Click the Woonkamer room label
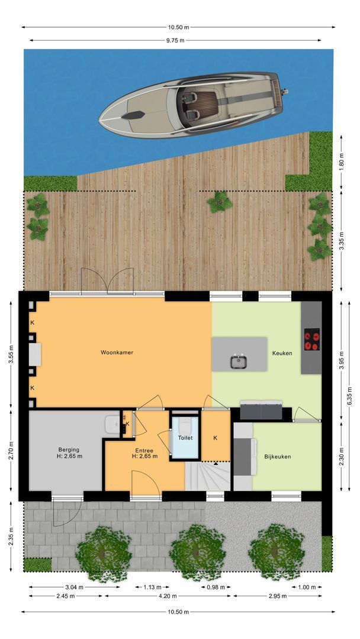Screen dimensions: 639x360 pyautogui.click(x=117, y=353)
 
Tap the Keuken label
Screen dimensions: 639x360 pyautogui.click(x=282, y=353)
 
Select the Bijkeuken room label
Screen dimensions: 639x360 pyautogui.click(x=277, y=457)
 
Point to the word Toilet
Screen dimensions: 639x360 pyautogui.click(x=185, y=438)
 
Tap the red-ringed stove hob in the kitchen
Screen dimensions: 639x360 pyautogui.click(x=311, y=340)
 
